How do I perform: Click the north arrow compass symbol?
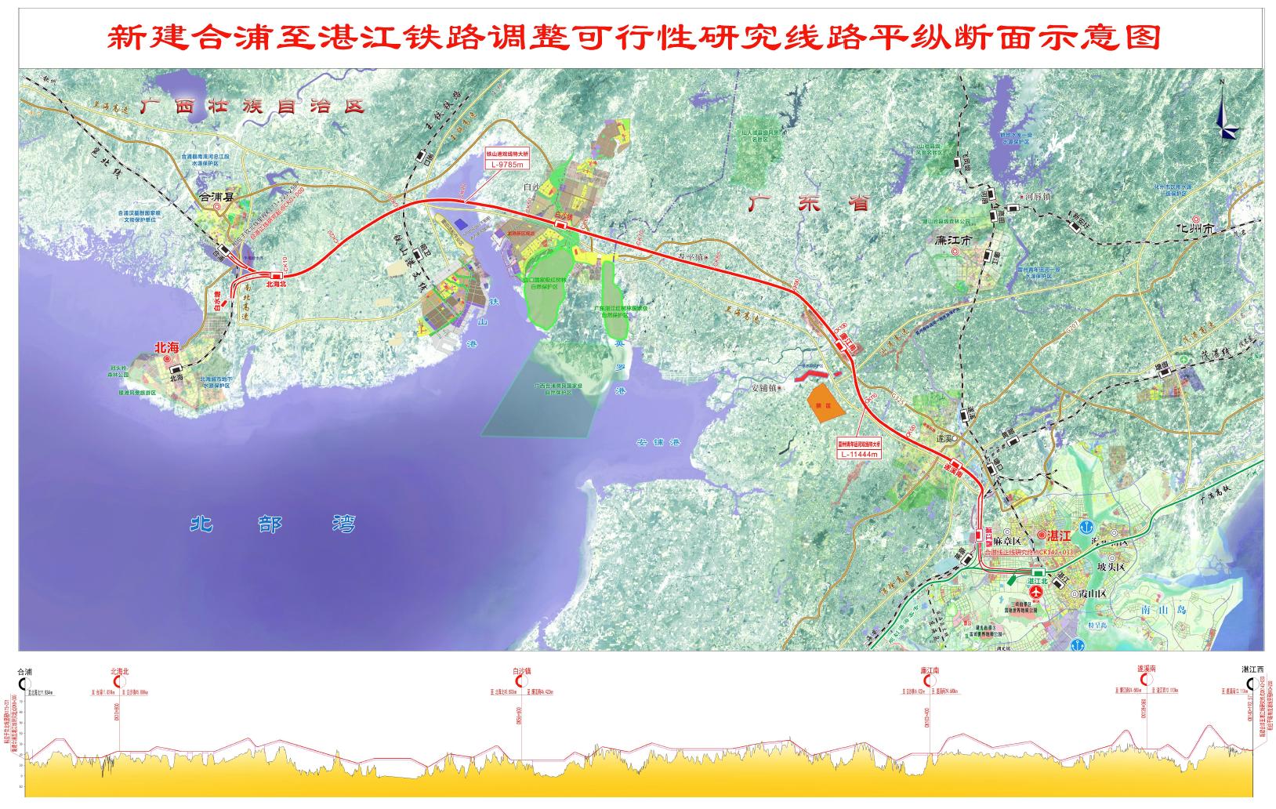pyautogui.click(x=1225, y=116)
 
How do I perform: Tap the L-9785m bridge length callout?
pyautogui.click(x=506, y=165)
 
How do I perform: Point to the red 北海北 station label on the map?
pyautogui.click(x=277, y=285)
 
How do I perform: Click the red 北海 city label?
pyautogui.click(x=167, y=347)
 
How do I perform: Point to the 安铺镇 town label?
pyautogui.click(x=769, y=387)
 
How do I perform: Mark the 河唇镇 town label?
pyautogui.click(x=1037, y=198)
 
